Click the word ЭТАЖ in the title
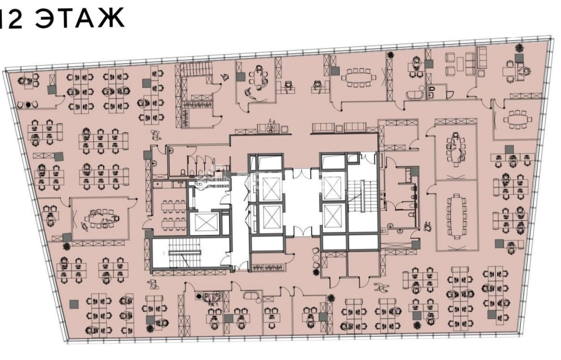(x=80, y=18)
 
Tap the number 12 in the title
(x=10, y=18)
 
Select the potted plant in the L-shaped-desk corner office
(x=519, y=48)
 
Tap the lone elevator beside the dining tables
(x=204, y=223)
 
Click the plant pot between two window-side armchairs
(x=28, y=104)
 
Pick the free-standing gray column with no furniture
(x=74, y=304)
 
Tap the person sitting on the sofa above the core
(x=271, y=126)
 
